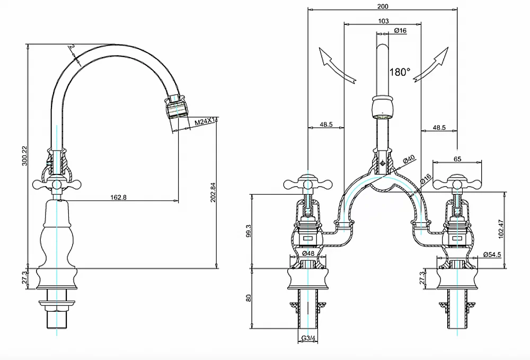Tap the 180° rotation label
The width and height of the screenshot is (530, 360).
click(x=400, y=72)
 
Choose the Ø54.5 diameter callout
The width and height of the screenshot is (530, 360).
click(x=492, y=255)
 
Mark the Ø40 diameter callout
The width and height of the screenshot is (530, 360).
click(x=408, y=160)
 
